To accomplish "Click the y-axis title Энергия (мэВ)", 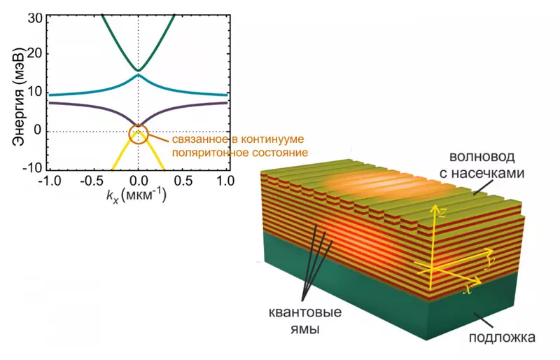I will coord(15,94).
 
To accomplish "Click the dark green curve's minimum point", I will coord(139,70).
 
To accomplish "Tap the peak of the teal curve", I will coord(139,75).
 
